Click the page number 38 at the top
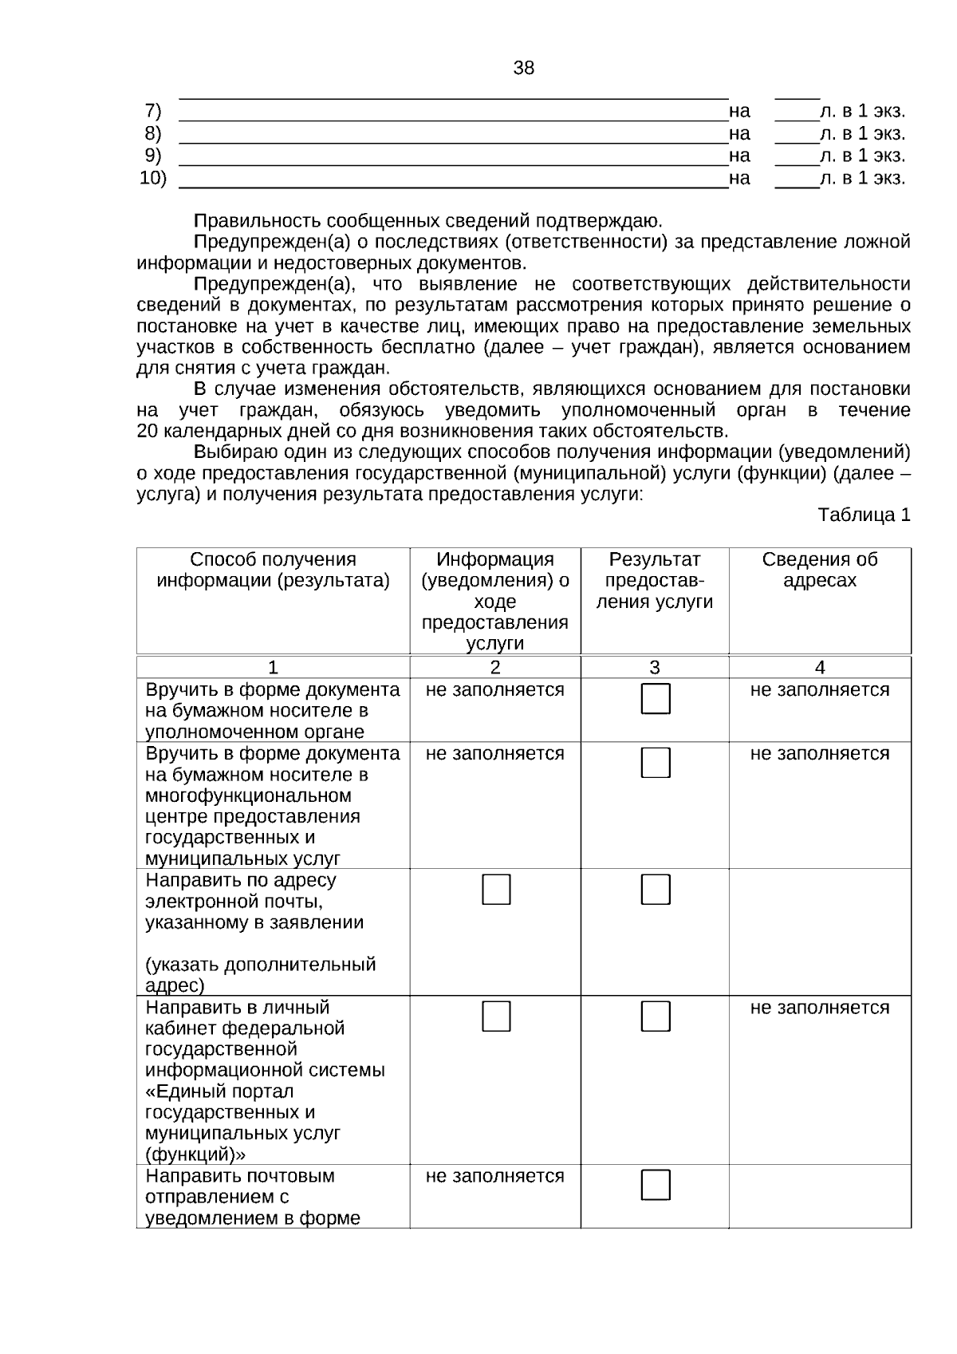(x=523, y=69)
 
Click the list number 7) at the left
(x=152, y=110)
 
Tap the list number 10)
(x=152, y=178)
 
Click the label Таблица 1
(x=864, y=515)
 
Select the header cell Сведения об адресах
(x=819, y=570)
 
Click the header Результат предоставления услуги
(x=654, y=581)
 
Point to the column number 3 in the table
(x=654, y=668)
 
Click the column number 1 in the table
(x=273, y=668)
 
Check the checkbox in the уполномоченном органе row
(x=656, y=699)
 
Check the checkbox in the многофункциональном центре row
(x=656, y=763)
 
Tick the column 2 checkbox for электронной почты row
(x=496, y=890)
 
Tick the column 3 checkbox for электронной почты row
(x=656, y=890)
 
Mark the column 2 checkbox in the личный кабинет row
(x=496, y=1016)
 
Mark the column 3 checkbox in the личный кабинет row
(x=656, y=1016)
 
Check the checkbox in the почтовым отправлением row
(x=656, y=1186)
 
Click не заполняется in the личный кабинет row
(x=819, y=1008)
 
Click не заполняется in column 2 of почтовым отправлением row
(x=494, y=1176)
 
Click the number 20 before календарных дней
(x=148, y=432)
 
